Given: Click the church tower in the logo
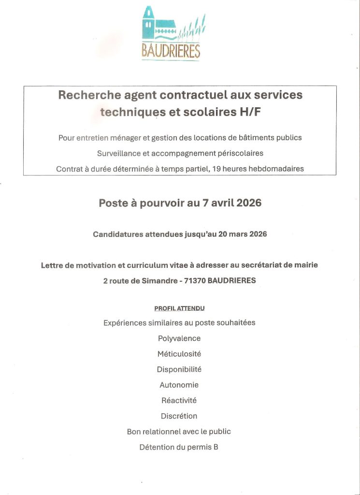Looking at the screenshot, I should pos(149,23).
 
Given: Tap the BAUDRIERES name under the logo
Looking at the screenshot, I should pos(171,51).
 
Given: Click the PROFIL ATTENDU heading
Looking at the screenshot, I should pos(179,308).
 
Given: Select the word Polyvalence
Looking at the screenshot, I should pos(179,338).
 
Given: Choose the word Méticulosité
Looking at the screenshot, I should pos(179,354).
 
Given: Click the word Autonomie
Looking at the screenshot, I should pos(179,385).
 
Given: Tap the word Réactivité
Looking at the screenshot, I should pos(179,400).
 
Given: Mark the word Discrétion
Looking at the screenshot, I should pos(179,416).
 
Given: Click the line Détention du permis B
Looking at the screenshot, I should pos(179,447).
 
